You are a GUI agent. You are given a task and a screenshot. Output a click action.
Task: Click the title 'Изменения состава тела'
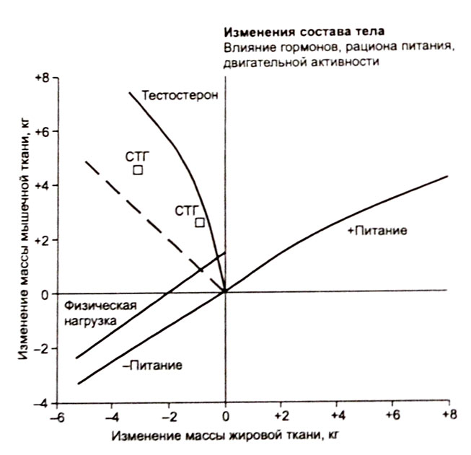pyautogui.click(x=303, y=32)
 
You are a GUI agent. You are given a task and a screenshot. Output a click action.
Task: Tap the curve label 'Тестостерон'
pyautogui.click(x=180, y=95)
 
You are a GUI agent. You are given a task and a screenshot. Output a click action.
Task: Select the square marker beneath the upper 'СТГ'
pyautogui.click(x=138, y=170)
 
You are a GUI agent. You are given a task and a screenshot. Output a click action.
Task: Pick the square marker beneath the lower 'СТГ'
pyautogui.click(x=200, y=222)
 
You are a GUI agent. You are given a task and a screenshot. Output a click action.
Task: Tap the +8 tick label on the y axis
pyautogui.click(x=41, y=77)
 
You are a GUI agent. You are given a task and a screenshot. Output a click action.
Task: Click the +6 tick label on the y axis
pyautogui.click(x=41, y=132)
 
